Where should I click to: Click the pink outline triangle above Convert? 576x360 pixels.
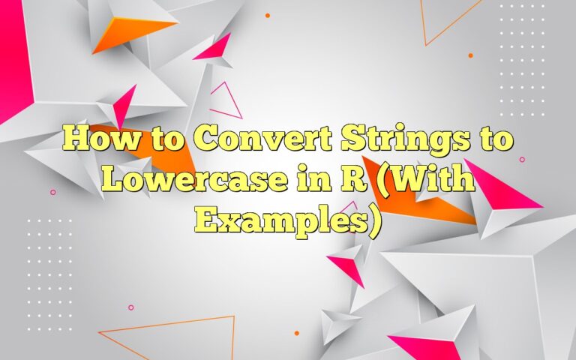click(x=224, y=101)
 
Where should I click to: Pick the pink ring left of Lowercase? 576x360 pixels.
click(x=52, y=192)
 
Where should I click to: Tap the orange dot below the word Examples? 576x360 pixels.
click(x=297, y=332)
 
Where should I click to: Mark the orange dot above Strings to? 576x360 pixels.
click(x=470, y=55)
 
